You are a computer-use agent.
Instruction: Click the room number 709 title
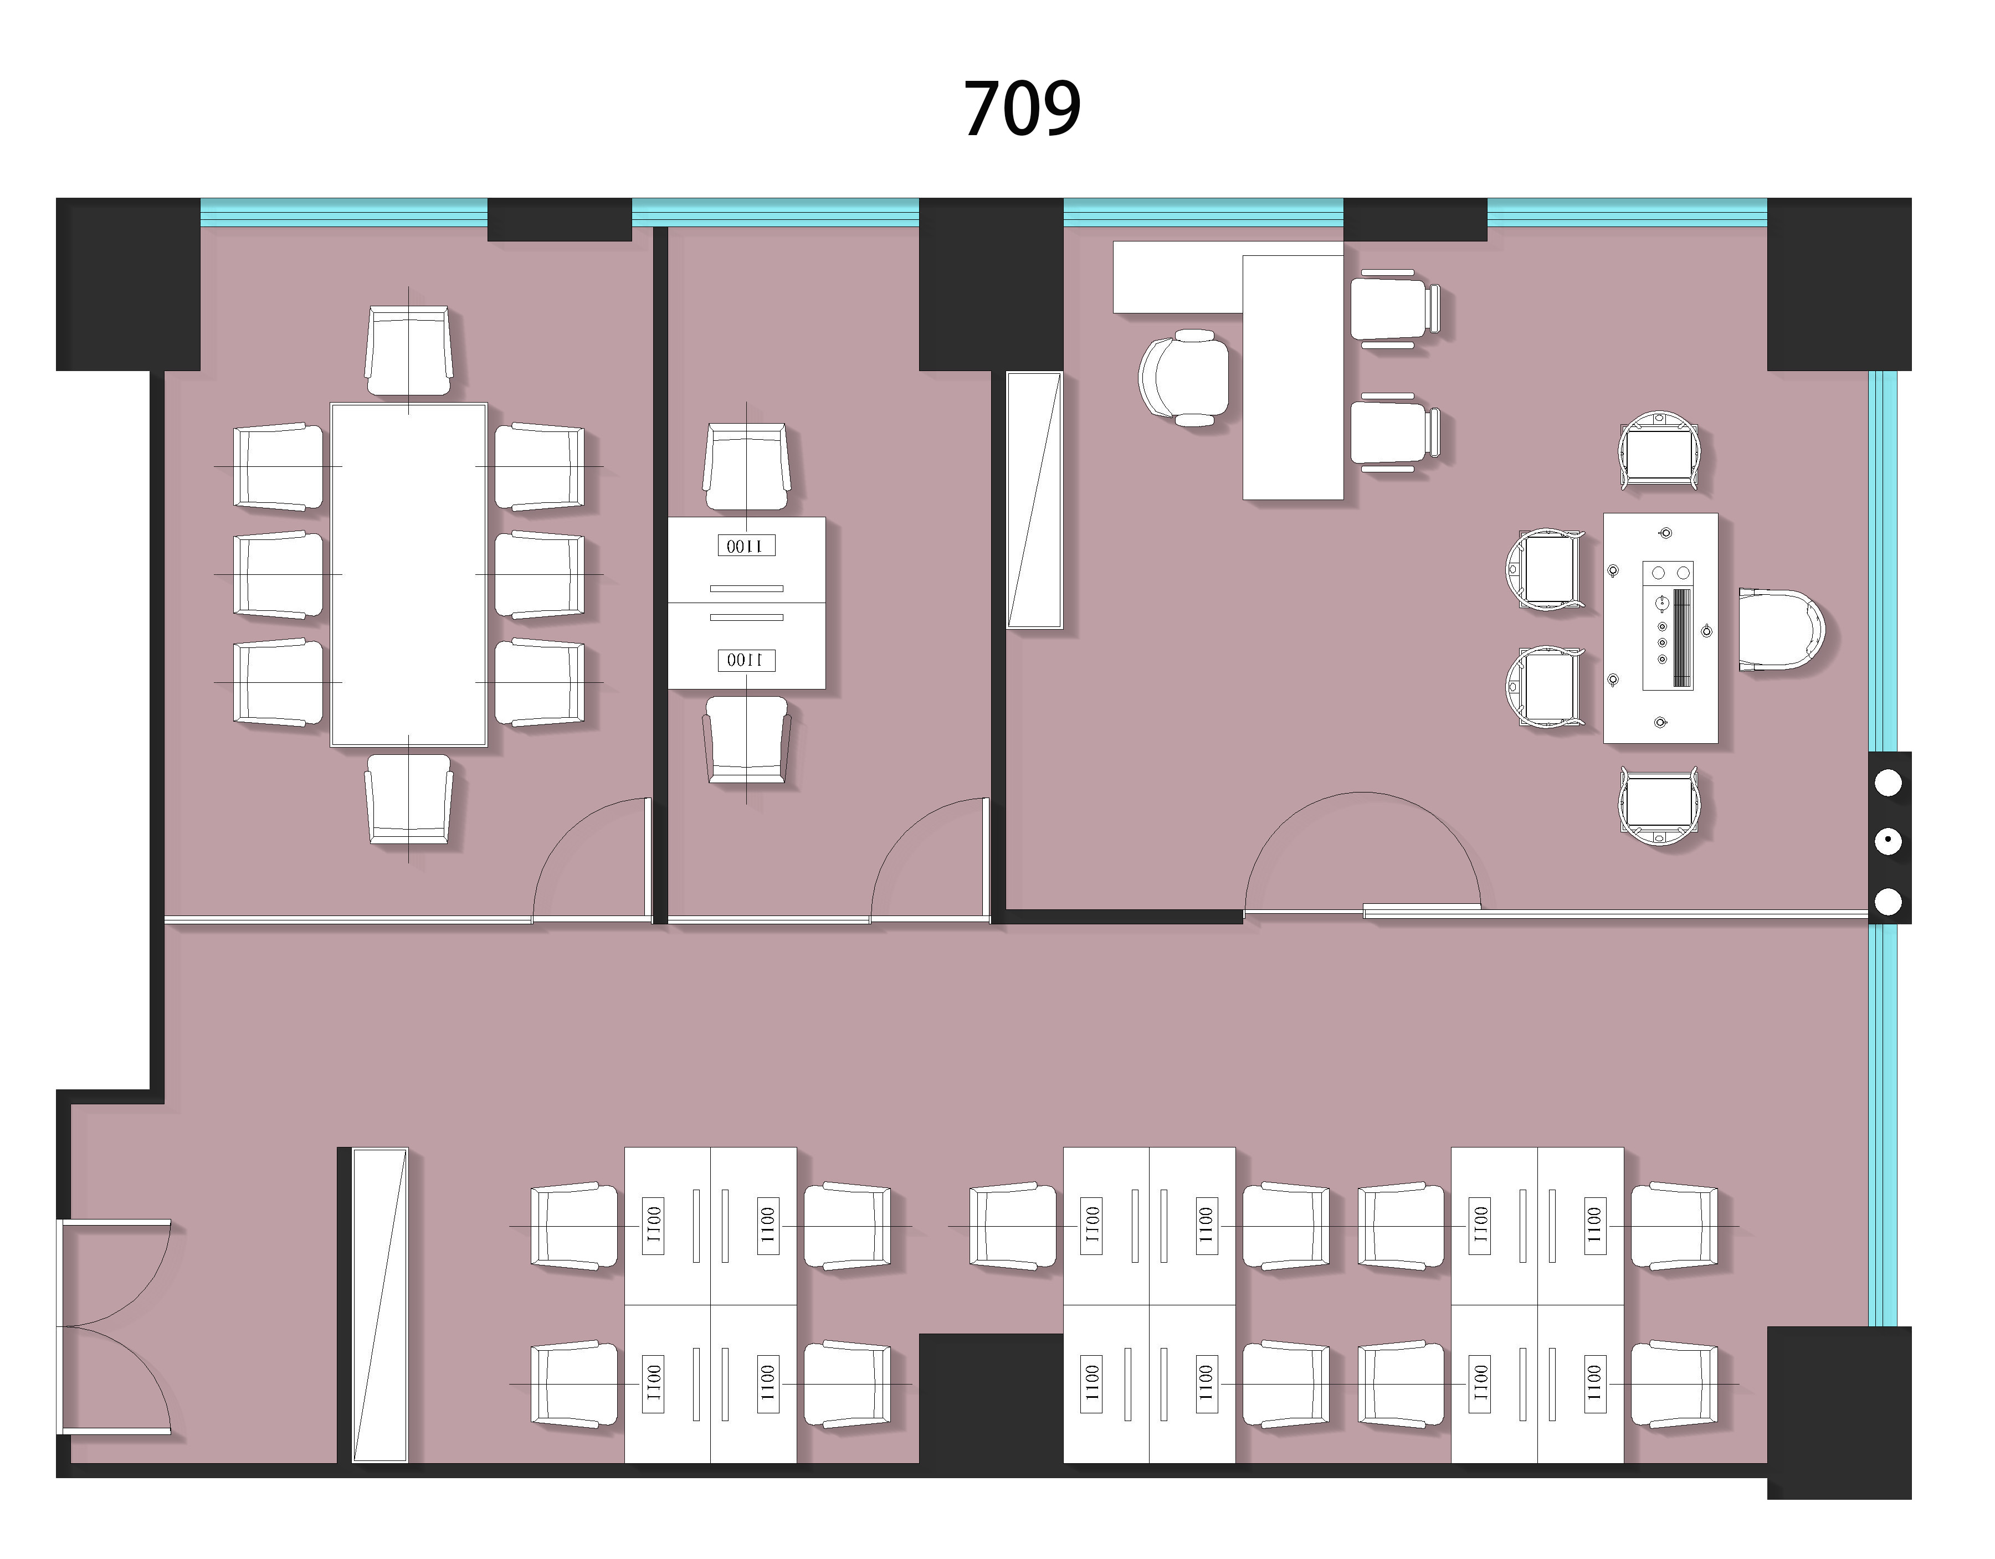(1022, 109)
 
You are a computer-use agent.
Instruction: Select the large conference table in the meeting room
(408, 574)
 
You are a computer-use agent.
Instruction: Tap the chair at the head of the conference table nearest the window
(408, 351)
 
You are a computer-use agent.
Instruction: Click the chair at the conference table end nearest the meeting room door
(408, 798)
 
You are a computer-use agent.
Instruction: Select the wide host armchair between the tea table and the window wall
(1781, 629)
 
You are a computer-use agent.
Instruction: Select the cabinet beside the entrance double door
(379, 1305)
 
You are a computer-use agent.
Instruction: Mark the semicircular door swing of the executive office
(1363, 793)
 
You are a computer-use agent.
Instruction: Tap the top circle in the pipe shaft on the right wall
(1888, 782)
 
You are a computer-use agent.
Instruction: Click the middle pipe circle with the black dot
(1888, 841)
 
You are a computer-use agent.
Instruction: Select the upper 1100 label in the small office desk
(746, 546)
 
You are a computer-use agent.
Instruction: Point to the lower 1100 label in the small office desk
(746, 660)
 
